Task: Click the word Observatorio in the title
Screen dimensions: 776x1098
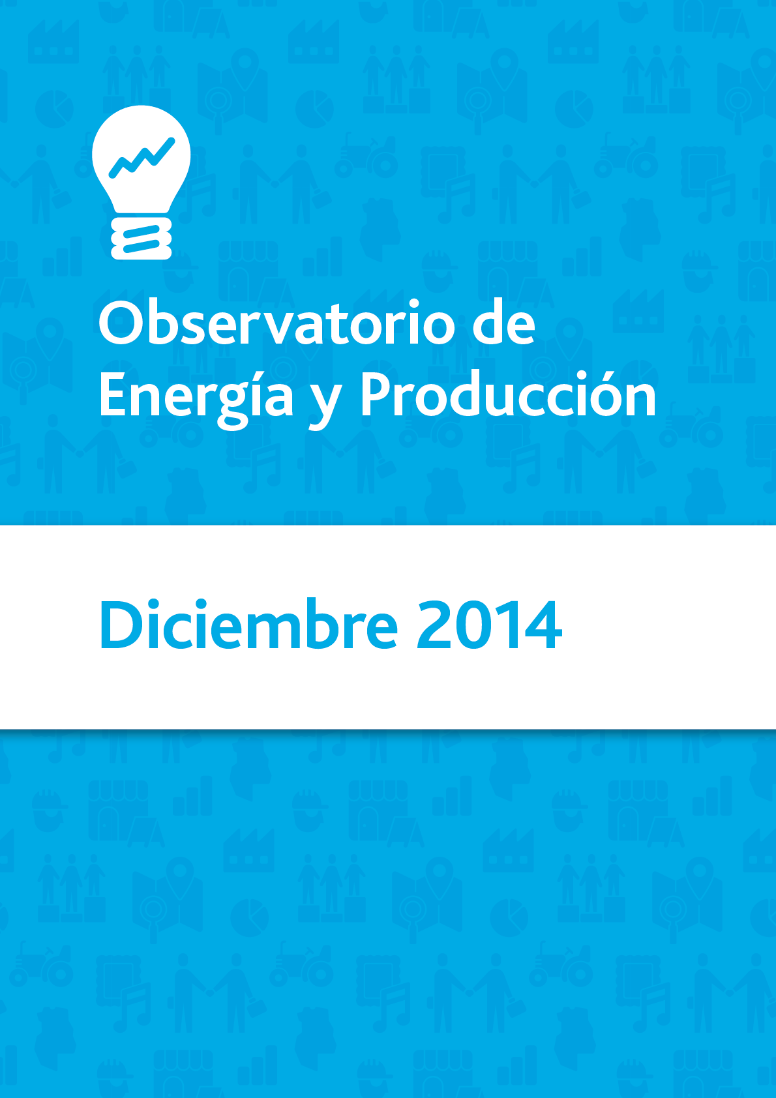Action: click(277, 323)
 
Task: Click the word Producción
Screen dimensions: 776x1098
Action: click(509, 394)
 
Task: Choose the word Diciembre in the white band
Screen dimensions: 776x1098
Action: click(248, 623)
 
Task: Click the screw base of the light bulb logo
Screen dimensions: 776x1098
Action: click(142, 238)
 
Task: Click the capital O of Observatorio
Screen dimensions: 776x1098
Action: click(120, 323)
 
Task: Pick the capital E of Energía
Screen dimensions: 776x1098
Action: click(113, 394)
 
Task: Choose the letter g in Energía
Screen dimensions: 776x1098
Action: click(232, 406)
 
